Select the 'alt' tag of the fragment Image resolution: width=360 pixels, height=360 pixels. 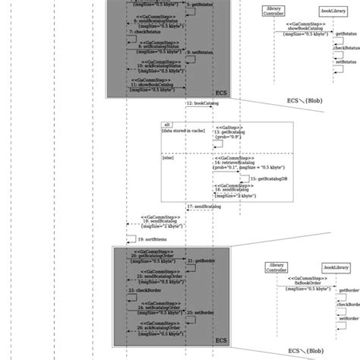pos(167,124)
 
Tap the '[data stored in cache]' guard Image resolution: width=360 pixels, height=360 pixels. pos(182,131)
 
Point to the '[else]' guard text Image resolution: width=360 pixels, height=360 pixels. pos(169,158)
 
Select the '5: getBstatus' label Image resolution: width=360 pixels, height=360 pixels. pos(200,5)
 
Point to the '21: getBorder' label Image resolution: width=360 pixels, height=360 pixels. pos(201,260)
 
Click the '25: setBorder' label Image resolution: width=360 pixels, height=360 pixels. pos(200,312)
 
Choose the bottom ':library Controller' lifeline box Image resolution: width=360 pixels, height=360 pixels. pos(276,267)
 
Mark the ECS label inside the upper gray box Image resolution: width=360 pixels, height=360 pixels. pos(221,91)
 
